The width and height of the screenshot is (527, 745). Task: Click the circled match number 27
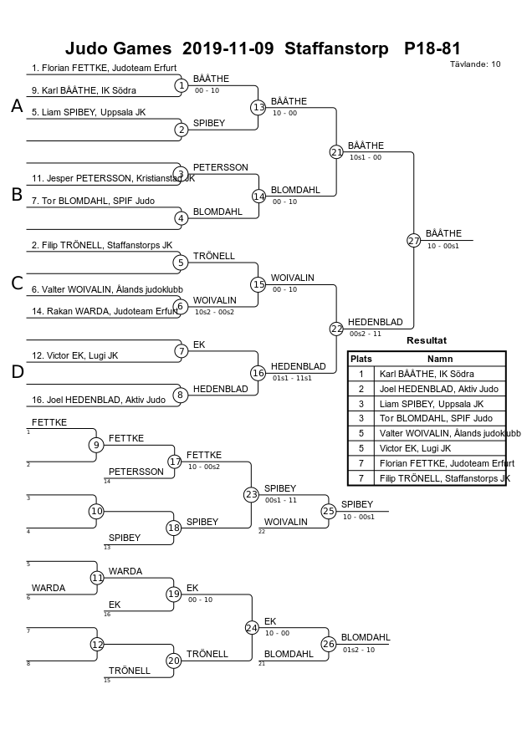(413, 241)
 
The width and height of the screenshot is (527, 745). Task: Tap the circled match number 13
(258, 108)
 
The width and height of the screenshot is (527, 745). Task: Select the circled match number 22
(336, 329)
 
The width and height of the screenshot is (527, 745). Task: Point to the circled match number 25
(329, 511)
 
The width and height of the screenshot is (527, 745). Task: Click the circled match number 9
(96, 445)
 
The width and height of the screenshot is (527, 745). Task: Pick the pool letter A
(17, 106)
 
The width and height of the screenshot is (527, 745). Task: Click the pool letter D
(17, 371)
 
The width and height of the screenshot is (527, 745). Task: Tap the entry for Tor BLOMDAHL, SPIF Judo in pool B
(93, 201)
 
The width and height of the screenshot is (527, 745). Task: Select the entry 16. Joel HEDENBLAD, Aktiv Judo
(99, 400)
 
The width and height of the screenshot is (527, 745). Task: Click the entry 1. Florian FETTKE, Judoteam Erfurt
(104, 68)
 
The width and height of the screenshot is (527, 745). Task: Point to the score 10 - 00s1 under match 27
(443, 246)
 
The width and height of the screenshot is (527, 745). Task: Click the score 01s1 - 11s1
(292, 378)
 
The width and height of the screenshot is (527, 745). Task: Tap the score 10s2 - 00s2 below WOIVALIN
(214, 312)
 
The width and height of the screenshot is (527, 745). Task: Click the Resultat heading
(427, 340)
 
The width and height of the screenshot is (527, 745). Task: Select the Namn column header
(439, 360)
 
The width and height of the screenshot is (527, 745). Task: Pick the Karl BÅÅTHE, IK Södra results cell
(427, 374)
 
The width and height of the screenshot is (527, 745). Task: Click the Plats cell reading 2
(361, 389)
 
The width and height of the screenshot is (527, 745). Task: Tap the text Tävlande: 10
(475, 64)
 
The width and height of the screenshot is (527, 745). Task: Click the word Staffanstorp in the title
(336, 48)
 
